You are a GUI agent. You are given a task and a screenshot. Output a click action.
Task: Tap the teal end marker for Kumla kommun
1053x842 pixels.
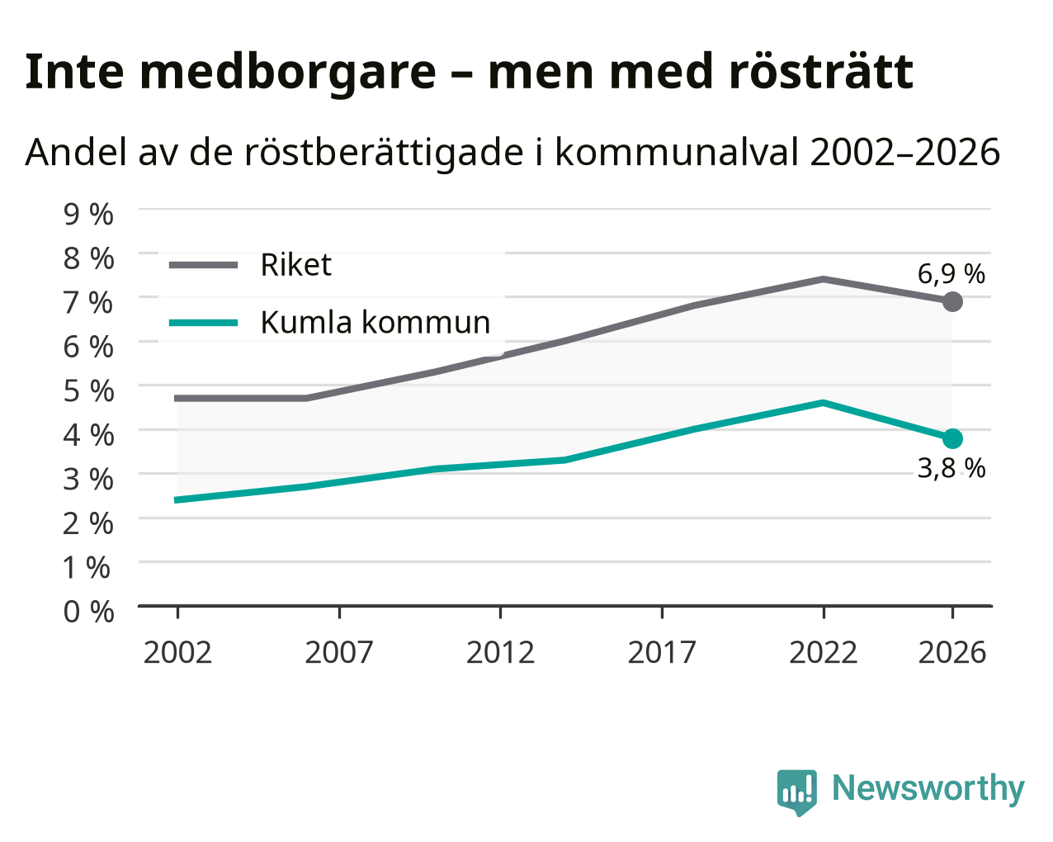point(952,438)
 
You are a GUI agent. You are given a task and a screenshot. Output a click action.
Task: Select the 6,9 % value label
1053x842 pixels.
point(951,273)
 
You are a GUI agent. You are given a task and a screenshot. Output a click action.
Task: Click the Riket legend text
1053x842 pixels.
point(296,265)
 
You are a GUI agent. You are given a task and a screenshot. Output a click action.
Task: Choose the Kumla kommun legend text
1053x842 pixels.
point(375,322)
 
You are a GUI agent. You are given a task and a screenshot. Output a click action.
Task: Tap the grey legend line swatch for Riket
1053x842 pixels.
point(204,265)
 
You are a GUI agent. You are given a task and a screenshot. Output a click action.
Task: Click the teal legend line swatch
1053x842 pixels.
point(204,323)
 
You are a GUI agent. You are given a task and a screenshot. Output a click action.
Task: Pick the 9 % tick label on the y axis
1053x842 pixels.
point(88,215)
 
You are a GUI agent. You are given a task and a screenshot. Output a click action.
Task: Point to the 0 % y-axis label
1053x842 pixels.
point(88,612)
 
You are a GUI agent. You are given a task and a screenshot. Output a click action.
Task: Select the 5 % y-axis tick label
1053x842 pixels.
point(88,390)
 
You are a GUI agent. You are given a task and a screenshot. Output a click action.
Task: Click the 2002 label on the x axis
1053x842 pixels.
point(177,652)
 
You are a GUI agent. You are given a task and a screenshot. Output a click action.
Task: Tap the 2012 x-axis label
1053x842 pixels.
point(500,652)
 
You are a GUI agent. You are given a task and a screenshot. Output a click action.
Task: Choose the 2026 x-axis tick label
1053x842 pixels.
point(951,652)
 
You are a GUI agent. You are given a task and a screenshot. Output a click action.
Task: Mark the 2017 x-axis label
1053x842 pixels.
point(662,652)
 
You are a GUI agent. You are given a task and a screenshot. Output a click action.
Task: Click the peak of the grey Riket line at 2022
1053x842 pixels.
point(824,280)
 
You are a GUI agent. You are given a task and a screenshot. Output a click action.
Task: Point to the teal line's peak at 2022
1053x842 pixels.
point(824,404)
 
